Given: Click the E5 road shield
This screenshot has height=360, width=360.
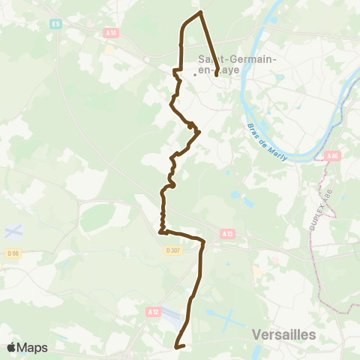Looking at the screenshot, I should (56, 24).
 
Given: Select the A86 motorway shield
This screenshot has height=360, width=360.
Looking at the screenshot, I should (333, 155).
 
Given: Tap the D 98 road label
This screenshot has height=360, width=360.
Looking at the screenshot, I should (12, 253).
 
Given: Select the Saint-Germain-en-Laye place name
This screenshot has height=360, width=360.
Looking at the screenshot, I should (227, 66).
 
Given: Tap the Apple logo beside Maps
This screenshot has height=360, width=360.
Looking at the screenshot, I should (12, 347).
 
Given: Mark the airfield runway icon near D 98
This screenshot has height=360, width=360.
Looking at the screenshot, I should (12, 229).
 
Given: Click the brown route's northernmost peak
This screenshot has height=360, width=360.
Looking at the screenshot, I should (200, 12).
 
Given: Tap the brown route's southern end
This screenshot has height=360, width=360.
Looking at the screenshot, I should (176, 346).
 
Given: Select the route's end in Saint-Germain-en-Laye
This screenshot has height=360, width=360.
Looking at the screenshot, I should (216, 74).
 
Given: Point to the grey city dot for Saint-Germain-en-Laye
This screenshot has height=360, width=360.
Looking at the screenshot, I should (196, 74).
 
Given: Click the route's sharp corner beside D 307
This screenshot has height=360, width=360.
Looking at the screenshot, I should (160, 233).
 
